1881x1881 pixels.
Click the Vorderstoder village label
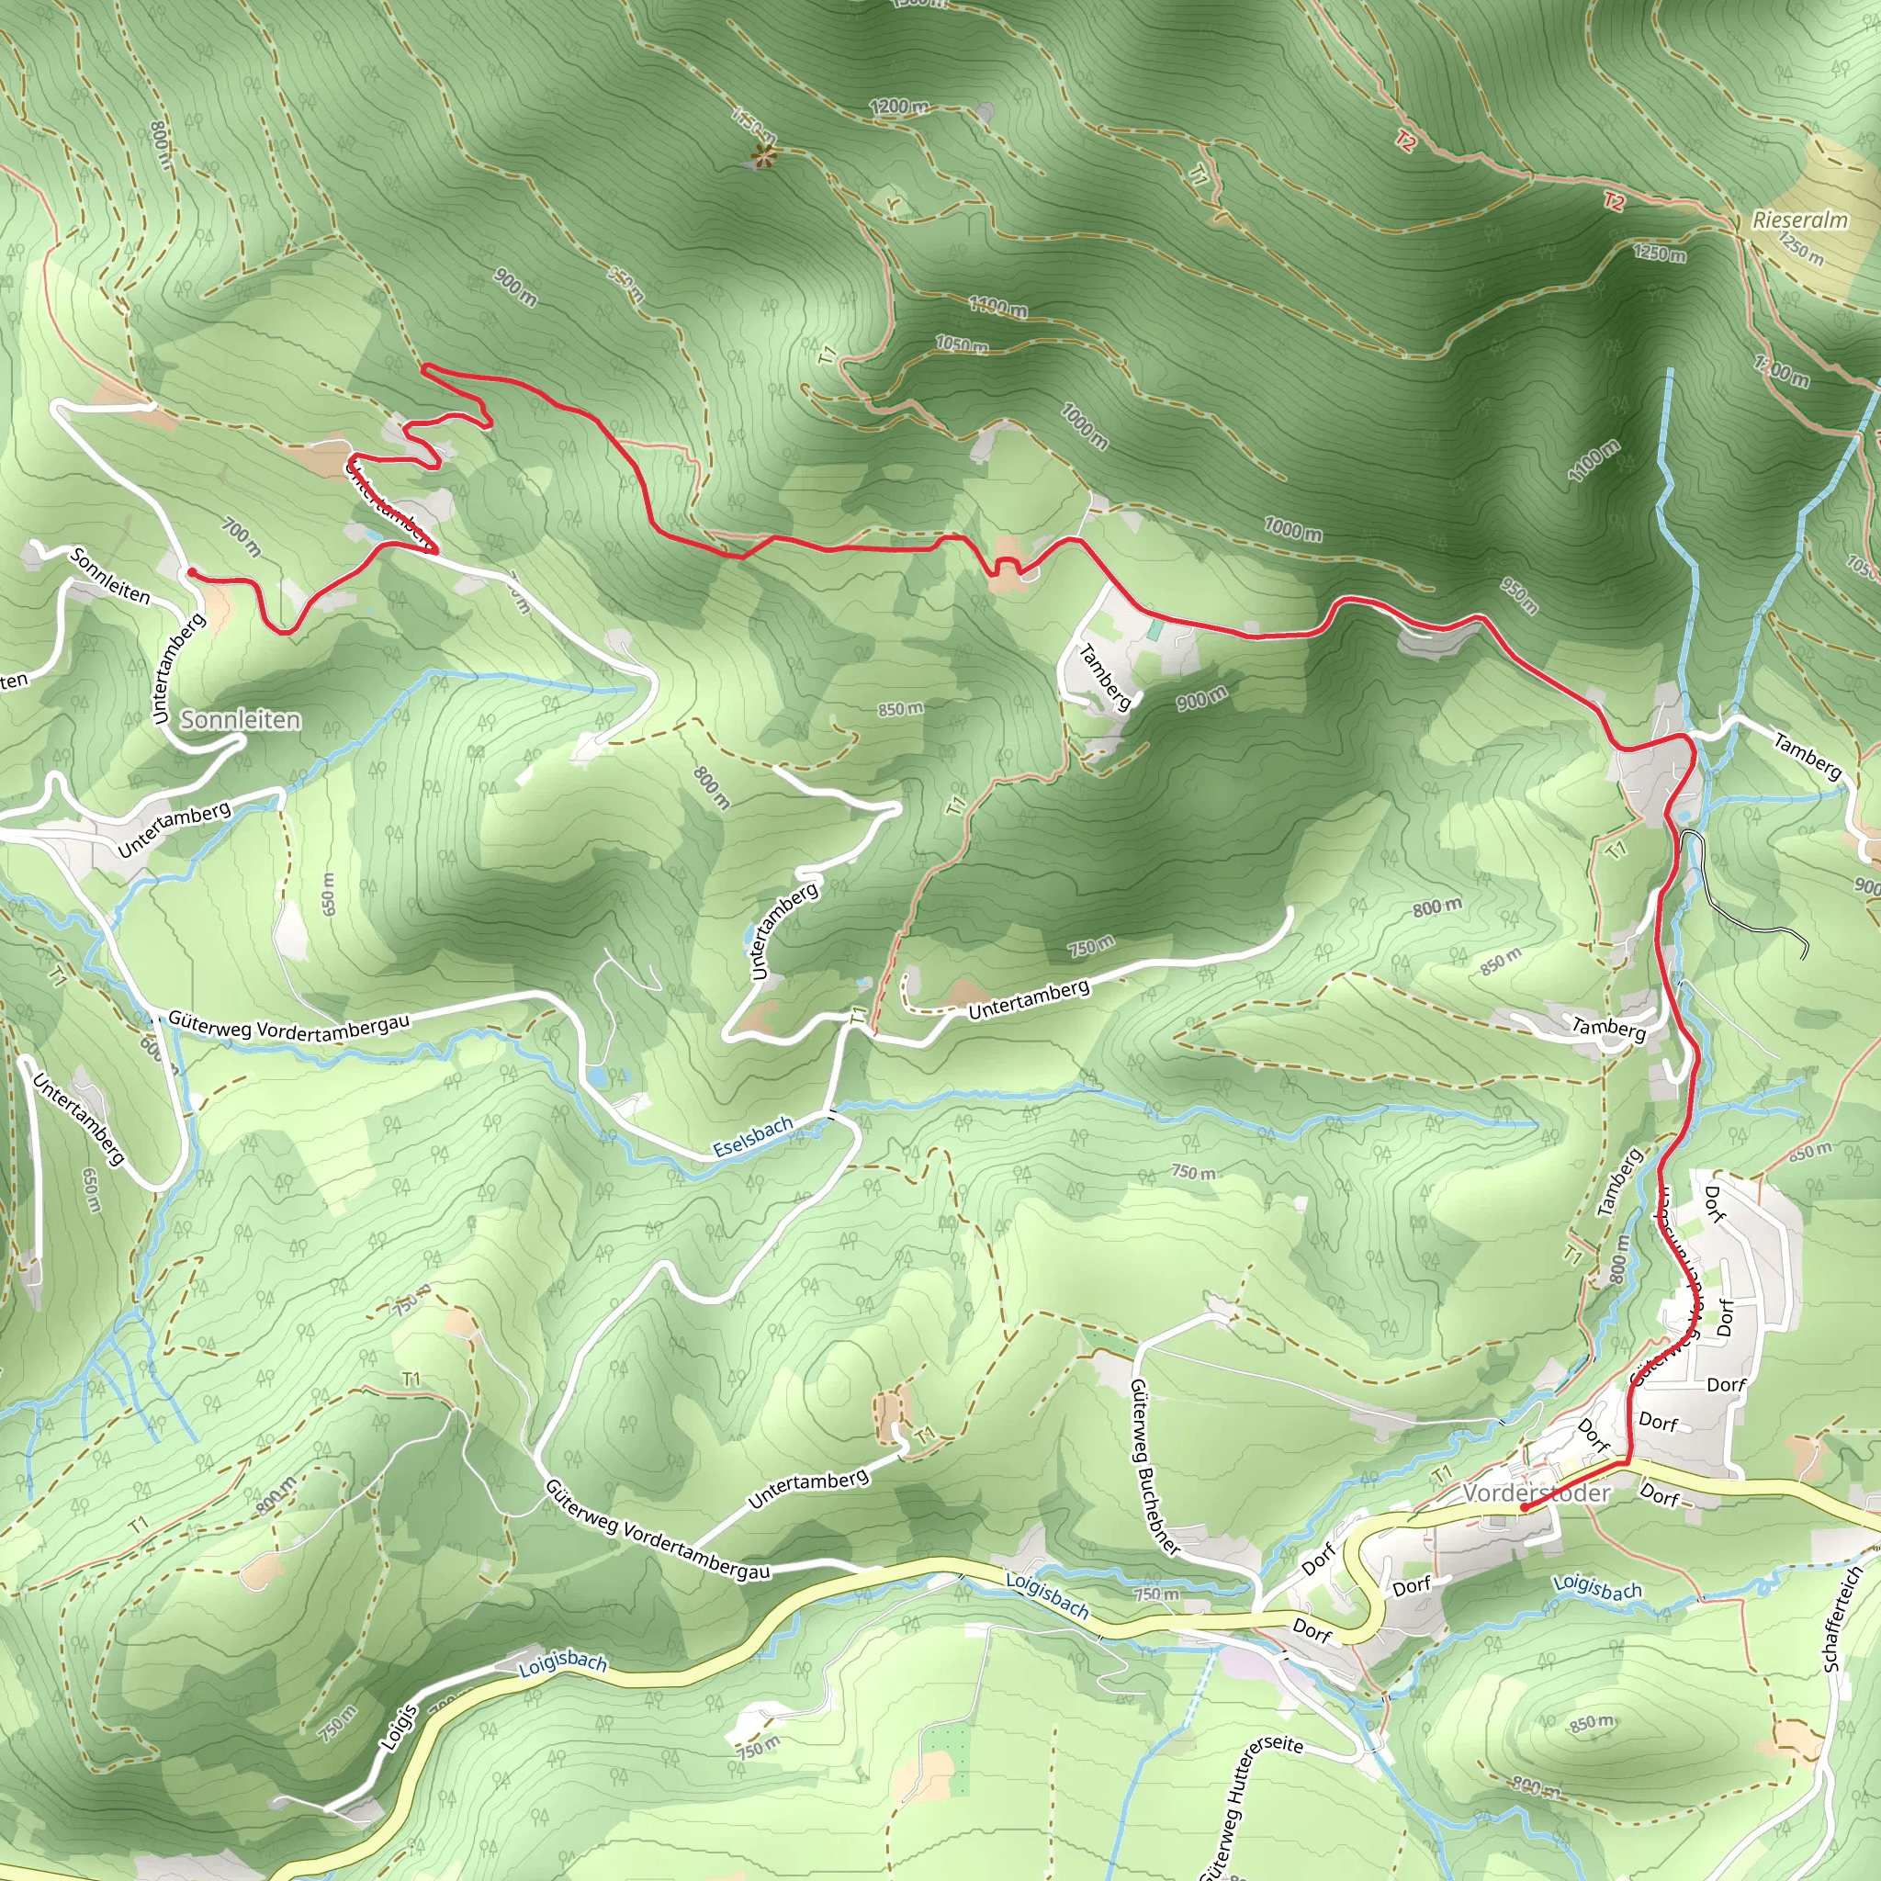[x=1537, y=1492]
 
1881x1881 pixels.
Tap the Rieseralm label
[x=1799, y=220]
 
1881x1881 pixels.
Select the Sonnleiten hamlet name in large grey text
[x=241, y=719]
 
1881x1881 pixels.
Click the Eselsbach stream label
[x=752, y=1136]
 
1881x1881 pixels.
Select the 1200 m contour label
[x=898, y=107]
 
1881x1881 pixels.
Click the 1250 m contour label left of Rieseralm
[x=1660, y=254]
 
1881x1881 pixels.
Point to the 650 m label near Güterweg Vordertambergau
[x=328, y=894]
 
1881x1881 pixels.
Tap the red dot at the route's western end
[x=193, y=572]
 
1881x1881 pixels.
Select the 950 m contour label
[x=1518, y=597]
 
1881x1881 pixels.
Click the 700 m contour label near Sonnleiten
[x=242, y=536]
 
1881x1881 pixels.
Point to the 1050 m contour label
[x=961, y=344]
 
